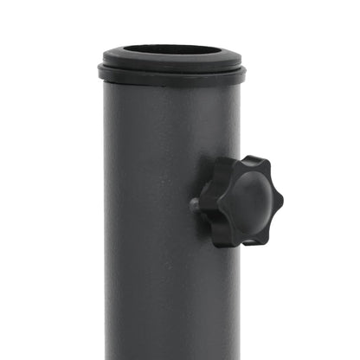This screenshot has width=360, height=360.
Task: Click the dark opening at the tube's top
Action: pyautogui.click(x=168, y=48)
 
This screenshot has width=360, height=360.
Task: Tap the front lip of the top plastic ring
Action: pyautogui.click(x=168, y=63)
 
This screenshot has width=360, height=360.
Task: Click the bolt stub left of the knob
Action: pyautogui.click(x=196, y=205)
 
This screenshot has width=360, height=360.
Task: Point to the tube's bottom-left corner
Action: pyautogui.click(x=107, y=357)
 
